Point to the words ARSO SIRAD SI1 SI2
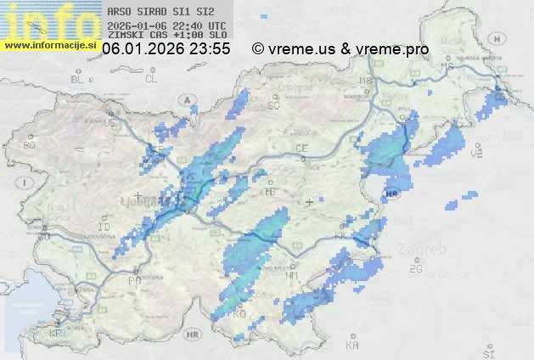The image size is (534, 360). [156, 13]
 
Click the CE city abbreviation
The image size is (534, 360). [301, 149]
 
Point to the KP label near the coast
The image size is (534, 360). [57, 334]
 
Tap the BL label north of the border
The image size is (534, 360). [77, 79]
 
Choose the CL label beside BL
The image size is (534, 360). [151, 79]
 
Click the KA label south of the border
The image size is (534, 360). [352, 346]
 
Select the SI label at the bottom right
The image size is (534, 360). [487, 352]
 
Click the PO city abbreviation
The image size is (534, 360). [133, 279]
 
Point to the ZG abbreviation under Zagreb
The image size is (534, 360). [415, 269]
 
